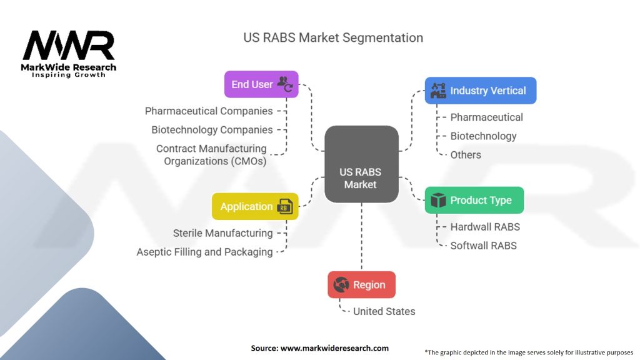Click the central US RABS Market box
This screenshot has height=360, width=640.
(x=361, y=164)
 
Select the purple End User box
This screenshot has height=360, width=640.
(x=261, y=84)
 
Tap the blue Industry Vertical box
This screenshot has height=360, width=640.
(x=480, y=91)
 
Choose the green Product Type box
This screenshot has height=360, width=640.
(x=474, y=200)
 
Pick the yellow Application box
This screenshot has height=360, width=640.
(x=255, y=206)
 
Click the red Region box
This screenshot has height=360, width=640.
(x=361, y=284)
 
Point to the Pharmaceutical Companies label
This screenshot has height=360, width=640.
(x=209, y=111)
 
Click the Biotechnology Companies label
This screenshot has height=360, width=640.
(x=212, y=130)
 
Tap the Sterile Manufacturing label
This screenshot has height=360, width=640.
(x=222, y=233)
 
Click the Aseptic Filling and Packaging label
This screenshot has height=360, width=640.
(x=204, y=252)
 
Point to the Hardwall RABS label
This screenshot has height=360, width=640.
(x=485, y=227)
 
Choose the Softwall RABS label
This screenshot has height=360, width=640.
(x=483, y=246)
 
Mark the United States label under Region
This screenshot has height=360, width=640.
(x=384, y=311)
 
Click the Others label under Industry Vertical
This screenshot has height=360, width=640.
(x=466, y=154)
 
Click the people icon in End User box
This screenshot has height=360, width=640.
(x=285, y=83)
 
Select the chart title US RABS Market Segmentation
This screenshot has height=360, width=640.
(x=333, y=37)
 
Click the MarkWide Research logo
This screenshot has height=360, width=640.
(x=69, y=53)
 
